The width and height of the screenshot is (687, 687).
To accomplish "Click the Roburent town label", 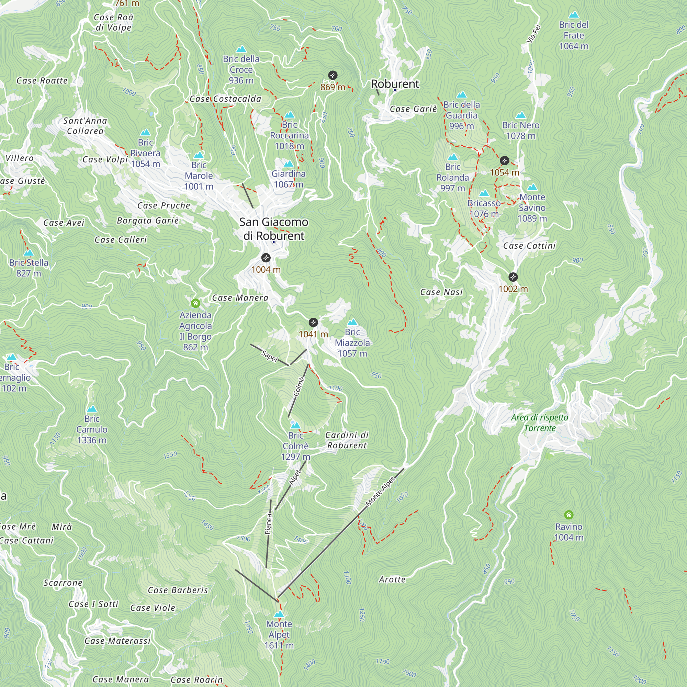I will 395,84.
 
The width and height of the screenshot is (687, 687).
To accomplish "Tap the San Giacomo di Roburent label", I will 274,229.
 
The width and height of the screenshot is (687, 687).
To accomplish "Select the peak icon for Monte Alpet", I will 279,614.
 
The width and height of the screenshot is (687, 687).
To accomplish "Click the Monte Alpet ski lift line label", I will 381,491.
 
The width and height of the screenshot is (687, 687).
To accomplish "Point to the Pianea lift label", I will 269,524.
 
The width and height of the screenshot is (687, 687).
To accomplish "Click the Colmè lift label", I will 299,386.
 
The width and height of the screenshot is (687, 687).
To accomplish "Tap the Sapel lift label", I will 269,356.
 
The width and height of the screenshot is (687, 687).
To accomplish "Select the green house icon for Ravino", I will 568,515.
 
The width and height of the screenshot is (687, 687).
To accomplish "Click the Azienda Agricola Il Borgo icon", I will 195,303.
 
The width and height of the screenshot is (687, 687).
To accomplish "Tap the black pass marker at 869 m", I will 333,75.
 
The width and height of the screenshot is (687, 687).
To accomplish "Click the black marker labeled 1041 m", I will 313,323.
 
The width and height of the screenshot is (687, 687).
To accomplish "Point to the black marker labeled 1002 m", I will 513,277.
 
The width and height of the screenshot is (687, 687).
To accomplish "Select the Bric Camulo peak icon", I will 92,408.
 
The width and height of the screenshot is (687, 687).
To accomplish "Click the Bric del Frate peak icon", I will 574,15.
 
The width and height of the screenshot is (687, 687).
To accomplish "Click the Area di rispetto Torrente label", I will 539,423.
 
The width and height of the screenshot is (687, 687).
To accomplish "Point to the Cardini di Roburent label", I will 347,440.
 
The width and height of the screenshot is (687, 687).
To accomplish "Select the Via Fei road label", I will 533,34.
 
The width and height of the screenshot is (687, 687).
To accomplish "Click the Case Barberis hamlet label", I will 178,590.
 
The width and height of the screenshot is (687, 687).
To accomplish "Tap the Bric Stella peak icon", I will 29,253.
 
